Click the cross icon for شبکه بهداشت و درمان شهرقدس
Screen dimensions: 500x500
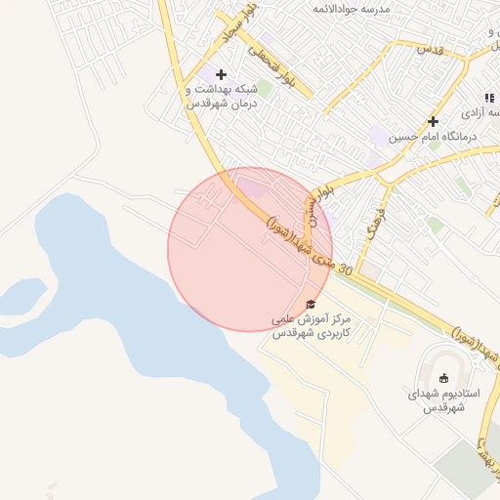(x=222, y=74)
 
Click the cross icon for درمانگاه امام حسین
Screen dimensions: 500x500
(x=433, y=121)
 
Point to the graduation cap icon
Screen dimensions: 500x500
(x=311, y=305)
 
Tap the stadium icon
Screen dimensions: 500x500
(x=444, y=378)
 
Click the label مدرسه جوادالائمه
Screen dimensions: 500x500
(x=352, y=8)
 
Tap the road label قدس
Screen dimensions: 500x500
(x=431, y=47)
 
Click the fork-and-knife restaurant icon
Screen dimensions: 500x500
(x=489, y=98)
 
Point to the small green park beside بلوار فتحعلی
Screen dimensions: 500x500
(x=265, y=88)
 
